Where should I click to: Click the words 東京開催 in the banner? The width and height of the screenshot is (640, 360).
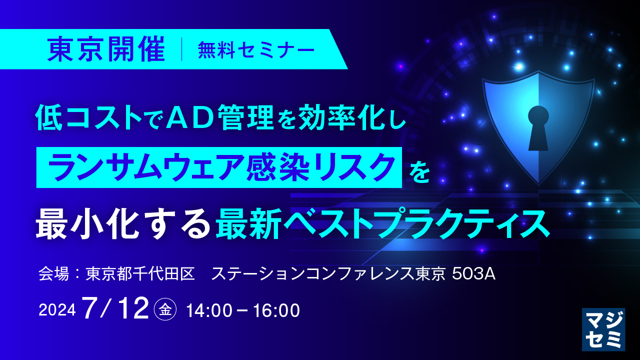(106, 49)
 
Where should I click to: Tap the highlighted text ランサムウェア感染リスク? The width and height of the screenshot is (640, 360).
(219, 167)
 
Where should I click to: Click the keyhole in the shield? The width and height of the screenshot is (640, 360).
(538, 127)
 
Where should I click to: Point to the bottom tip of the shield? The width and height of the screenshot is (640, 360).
(538, 185)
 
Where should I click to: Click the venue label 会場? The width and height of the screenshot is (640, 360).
(53, 273)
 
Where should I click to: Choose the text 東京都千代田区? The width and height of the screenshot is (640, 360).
(140, 273)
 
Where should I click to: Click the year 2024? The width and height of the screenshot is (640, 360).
(57, 310)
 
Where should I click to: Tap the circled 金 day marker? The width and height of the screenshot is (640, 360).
(165, 309)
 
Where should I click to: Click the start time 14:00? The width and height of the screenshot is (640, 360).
(209, 310)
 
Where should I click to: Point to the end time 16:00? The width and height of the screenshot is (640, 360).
(276, 310)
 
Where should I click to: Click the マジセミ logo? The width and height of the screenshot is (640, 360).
(603, 329)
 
